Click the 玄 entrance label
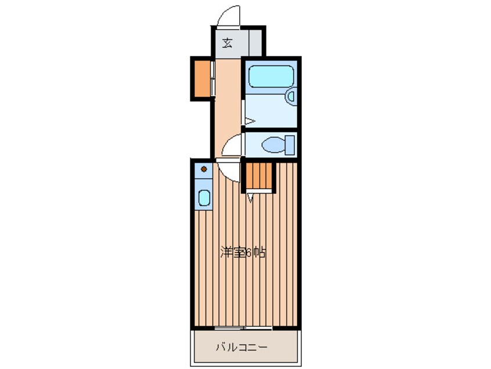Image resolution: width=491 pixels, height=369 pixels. point(228,43)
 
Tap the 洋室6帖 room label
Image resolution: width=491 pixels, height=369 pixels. point(243,252)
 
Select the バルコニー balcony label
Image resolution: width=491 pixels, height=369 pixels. point(242,347)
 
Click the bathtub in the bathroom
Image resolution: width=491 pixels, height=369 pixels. point(271,77)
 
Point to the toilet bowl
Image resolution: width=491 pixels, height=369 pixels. point(273,145)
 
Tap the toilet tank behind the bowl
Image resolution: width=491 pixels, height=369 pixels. point(290,145)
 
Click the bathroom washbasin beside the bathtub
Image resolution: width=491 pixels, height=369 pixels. point(291,96)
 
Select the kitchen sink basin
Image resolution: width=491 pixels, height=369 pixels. point(204,198)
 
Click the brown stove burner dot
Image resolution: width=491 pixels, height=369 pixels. point(204,169)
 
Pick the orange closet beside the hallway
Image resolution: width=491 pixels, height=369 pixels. point(202,78)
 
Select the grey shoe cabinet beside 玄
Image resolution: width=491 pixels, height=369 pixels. point(255,42)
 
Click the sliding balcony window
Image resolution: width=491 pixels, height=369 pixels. point(243,328)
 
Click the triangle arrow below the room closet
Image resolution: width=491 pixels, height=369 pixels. point(251,198)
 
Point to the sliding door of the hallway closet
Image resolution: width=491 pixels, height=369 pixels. point(212,78)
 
